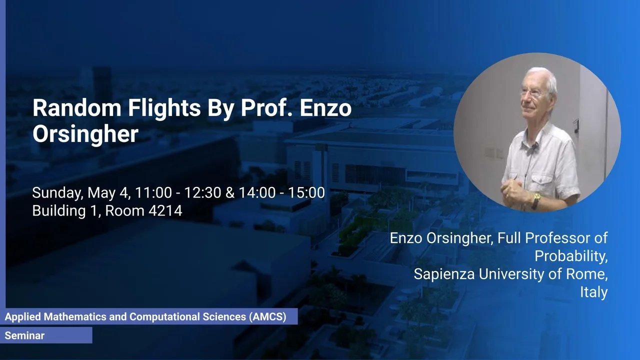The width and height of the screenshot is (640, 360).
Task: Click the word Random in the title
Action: pos(77,108)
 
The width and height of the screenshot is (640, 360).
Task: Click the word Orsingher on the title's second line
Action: pos(85,135)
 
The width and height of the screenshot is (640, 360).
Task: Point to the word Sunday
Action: pos(57,193)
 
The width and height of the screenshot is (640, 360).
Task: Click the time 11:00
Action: pos(153,192)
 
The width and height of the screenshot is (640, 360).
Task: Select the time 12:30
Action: pos(202,192)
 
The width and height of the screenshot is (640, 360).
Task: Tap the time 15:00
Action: pos(306,192)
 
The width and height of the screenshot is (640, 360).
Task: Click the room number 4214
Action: pos(165,211)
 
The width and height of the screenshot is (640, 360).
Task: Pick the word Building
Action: pos(59,211)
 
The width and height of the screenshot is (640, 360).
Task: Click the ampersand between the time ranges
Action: pos(229,192)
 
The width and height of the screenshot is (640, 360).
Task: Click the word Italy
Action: pos(593,292)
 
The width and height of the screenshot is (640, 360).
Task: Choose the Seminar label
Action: pos(24,335)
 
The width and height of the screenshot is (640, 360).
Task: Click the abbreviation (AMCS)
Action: pos(267,317)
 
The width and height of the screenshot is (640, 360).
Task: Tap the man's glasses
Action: pos(531,92)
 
